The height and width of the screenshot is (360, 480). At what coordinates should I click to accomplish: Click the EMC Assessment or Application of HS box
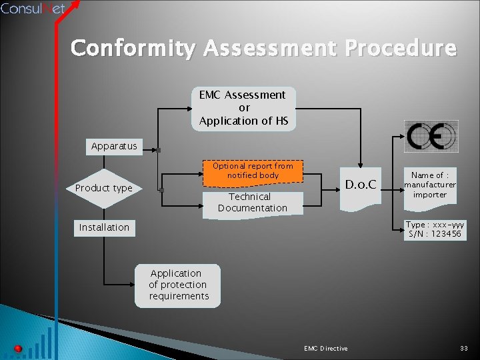(243, 108)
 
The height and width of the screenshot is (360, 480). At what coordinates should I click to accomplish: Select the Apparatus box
(114, 146)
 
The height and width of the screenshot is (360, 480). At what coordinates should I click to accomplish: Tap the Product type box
(103, 188)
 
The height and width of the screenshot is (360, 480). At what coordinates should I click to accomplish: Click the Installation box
(104, 227)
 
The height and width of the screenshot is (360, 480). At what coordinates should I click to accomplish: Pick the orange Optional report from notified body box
(253, 171)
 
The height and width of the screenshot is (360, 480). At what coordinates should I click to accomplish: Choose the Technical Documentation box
(253, 202)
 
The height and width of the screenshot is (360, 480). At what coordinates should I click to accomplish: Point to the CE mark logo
(431, 138)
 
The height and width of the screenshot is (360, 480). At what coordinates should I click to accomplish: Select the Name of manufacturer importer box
(430, 185)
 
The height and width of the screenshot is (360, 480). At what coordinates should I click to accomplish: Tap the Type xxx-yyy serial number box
(435, 229)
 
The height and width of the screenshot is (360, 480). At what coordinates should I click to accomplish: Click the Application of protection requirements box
(178, 285)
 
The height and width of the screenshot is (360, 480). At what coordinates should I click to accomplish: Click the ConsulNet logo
(34, 9)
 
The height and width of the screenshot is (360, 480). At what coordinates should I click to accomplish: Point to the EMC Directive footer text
(325, 349)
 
